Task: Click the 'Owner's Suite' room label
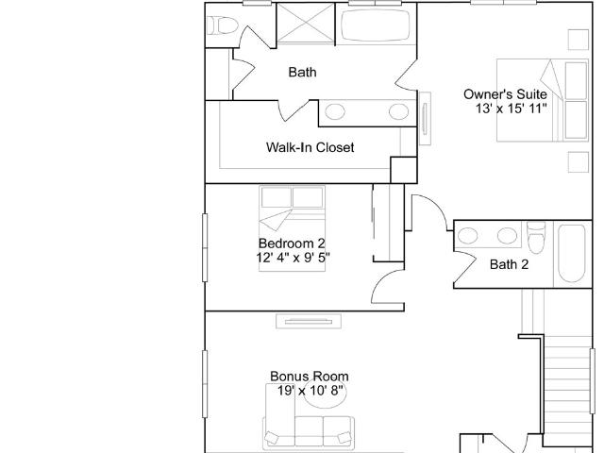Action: pos(505,94)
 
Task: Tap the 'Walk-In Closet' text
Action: pos(310,147)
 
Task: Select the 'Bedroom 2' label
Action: pos(292,243)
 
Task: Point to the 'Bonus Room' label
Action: pos(310,377)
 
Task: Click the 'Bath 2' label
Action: pos(509,264)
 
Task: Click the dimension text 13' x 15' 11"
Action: pos(512,109)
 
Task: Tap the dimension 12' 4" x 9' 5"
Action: pos(294,258)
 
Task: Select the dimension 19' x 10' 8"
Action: pos(310,391)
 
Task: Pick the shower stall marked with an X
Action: pos(306,23)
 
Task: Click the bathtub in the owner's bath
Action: pos(376,25)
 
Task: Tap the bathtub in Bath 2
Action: pos(572,254)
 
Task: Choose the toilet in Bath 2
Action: pos(537,237)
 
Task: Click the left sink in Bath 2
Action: pos(468,235)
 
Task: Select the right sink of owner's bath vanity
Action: pos(398,112)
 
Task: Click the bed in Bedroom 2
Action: pos(292,228)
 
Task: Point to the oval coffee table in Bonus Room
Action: pos(325,394)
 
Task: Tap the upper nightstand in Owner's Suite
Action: pos(579,40)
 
